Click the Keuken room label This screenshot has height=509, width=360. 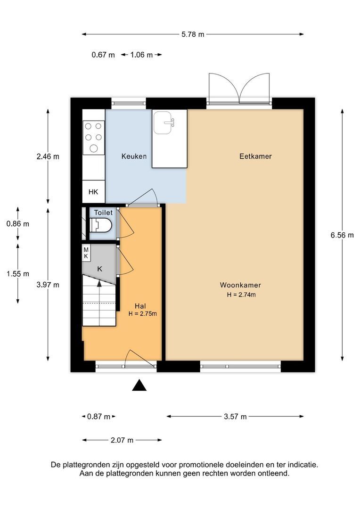coord(134,156)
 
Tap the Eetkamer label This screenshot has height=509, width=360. coord(255,156)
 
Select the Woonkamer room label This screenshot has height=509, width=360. coord(240,285)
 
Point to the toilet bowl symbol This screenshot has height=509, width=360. coord(101,225)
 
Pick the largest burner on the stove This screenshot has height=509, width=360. coord(94,148)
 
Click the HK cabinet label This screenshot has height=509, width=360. coord(93,192)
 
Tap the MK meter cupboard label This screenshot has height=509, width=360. coord(86,253)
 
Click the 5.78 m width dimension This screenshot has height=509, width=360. coord(193,34)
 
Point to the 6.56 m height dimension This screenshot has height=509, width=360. coord(342,235)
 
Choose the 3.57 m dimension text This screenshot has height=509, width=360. coord(235,417)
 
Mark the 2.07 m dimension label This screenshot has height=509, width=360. coord(122,440)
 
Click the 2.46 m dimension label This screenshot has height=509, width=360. coord(48,156)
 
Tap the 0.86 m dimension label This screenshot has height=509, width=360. coord(18,224)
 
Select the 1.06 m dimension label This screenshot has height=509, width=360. coord(141,55)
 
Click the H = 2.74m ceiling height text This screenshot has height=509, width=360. coord(241,295)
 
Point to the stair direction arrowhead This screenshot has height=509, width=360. coord(99,283)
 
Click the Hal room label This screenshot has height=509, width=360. coord(140,306)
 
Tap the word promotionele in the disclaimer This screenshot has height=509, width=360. coord(199,465)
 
